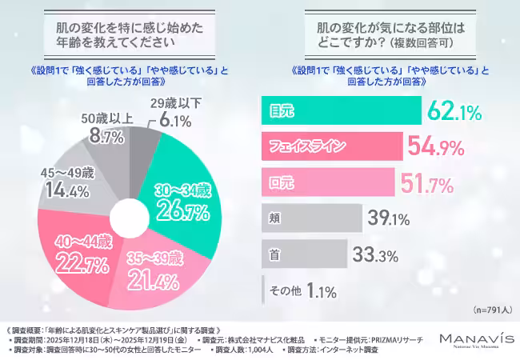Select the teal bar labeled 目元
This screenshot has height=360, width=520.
(341, 110)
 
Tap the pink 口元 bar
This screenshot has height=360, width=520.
(328, 182)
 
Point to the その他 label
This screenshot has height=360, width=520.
(285, 290)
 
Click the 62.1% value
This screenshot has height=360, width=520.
(458, 110)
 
